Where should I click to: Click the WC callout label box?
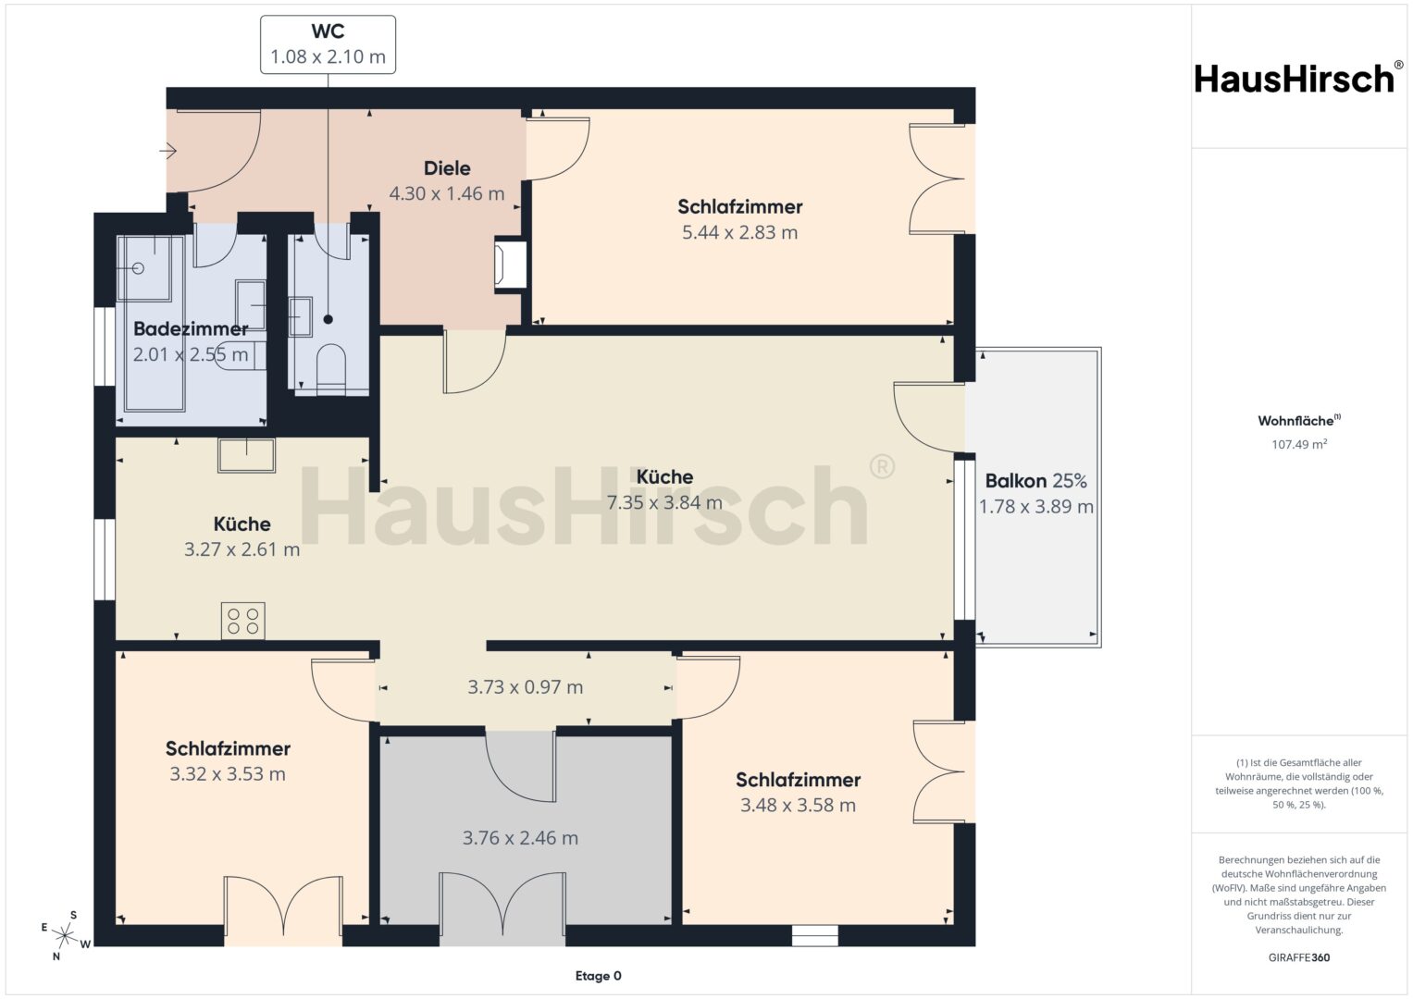point(328,44)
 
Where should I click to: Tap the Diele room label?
point(447,168)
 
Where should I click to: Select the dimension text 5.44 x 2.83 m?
point(739,233)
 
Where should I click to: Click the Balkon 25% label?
point(1035,481)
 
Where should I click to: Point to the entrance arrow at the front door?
point(167,152)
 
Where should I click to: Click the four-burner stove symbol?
point(242,621)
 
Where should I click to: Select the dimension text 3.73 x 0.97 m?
point(525,686)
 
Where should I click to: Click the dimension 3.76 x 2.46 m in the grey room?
point(520,838)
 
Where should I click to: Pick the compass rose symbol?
point(64,935)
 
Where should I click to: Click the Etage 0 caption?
point(598,976)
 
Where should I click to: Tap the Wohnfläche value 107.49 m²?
point(1299,444)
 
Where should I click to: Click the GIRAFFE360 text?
point(1299,957)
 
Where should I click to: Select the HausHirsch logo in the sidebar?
point(1296,79)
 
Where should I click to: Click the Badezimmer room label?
point(191,328)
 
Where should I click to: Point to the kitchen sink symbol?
point(247,455)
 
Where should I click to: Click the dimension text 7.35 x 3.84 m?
point(664,502)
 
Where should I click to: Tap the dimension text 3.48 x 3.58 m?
point(798,806)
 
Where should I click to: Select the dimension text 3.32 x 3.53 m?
point(227,774)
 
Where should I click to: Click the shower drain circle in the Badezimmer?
point(139,268)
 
